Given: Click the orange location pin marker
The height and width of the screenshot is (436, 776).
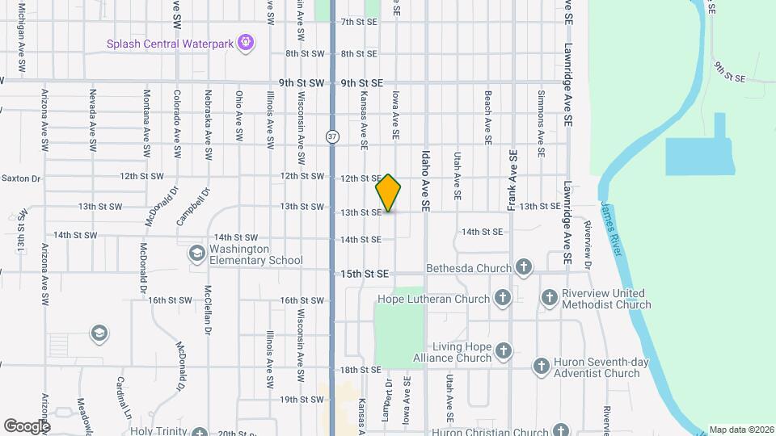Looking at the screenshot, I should click(x=389, y=193).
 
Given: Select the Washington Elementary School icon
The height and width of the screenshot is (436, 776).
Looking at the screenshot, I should click(x=196, y=254).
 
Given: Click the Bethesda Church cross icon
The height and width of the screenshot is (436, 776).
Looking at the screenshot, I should click(x=524, y=268).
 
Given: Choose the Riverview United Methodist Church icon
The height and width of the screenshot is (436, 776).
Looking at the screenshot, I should click(x=549, y=299).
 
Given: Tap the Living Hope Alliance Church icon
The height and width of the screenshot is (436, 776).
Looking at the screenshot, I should click(x=504, y=351).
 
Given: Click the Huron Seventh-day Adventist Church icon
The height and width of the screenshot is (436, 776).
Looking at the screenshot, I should click(x=541, y=367).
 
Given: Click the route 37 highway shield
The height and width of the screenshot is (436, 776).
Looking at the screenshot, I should click(x=333, y=136).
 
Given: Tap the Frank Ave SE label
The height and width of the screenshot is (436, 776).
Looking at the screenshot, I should click(x=512, y=180).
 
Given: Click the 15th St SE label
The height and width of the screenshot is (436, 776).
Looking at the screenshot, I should click(x=365, y=274).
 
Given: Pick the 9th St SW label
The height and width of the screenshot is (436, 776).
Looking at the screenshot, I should click(x=302, y=83).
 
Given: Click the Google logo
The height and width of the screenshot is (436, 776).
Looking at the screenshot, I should click(x=27, y=426).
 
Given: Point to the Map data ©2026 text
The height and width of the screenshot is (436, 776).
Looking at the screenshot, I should click(x=741, y=430).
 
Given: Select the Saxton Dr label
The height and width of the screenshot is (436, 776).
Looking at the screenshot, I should click(x=20, y=178).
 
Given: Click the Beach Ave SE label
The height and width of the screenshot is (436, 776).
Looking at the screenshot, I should click(x=488, y=117).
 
